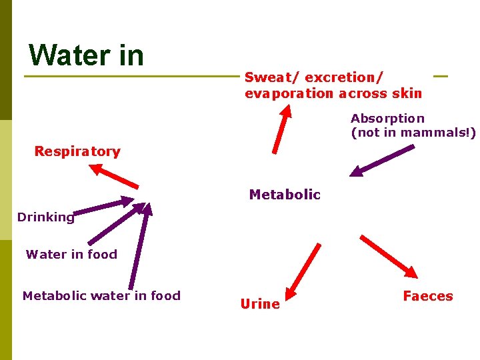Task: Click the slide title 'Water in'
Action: pos(87,55)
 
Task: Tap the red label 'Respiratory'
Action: pos(77,151)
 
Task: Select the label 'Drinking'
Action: pos(45,217)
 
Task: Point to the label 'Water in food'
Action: pos(71,254)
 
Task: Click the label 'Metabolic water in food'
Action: pos(101,295)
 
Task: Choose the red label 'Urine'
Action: pos(260,304)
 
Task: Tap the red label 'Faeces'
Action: pos(428,296)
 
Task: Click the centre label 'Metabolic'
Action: pos(285,195)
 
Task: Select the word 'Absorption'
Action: pos(387,119)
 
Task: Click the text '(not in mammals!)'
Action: pos(413,133)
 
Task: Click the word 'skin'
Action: pos(408,93)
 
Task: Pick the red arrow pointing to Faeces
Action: pos(389,256)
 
